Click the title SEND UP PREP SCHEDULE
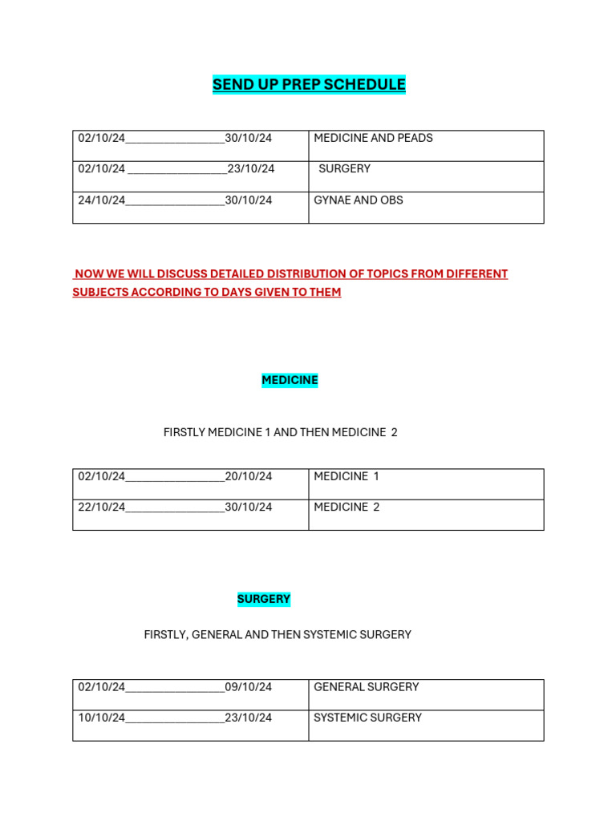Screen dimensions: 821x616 point(309,84)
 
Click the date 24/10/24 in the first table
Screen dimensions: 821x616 point(102,200)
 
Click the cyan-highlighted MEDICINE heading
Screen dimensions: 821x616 point(290,380)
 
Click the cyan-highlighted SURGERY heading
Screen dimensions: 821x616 point(263,599)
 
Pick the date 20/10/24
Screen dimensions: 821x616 point(248,476)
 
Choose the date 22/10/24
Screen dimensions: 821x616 point(102,507)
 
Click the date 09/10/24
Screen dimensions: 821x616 point(248,687)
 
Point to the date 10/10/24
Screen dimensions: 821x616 point(102,718)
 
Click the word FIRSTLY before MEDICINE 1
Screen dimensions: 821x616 point(184,432)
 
